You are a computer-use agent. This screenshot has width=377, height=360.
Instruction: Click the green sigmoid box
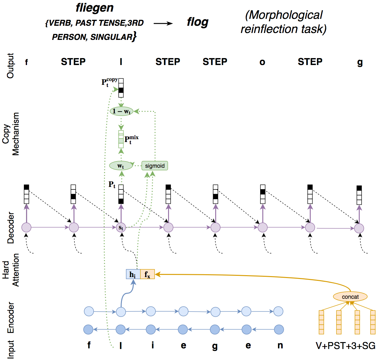click(x=154, y=166)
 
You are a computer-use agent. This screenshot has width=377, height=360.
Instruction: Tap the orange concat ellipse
click(x=350, y=297)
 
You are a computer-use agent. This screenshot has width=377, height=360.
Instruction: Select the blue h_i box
click(x=133, y=274)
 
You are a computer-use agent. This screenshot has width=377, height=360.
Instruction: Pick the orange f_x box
click(x=147, y=274)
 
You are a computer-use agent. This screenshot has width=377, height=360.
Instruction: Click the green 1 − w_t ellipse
click(x=121, y=111)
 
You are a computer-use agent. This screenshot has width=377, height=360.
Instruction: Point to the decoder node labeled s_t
click(x=121, y=227)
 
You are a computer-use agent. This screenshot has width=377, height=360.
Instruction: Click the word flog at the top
click(x=197, y=22)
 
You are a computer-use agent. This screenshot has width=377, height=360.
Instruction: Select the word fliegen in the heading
click(x=95, y=8)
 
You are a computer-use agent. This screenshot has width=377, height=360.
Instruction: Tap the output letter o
click(x=262, y=62)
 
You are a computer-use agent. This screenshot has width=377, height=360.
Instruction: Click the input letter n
click(x=280, y=345)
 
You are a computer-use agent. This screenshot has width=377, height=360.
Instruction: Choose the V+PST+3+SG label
click(x=345, y=346)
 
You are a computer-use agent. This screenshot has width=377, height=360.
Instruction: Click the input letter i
click(x=153, y=345)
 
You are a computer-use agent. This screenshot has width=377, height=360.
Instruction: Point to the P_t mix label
click(x=131, y=139)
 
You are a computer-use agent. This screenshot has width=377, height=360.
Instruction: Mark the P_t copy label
click(x=109, y=82)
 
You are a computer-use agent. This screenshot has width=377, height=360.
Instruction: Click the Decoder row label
click(x=11, y=227)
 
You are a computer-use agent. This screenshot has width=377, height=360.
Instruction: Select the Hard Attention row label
click(x=11, y=270)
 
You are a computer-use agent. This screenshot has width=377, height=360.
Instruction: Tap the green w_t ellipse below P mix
click(x=121, y=166)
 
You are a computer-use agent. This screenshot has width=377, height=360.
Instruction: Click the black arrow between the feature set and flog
click(x=163, y=24)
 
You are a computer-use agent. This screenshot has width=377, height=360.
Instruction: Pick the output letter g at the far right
click(x=360, y=63)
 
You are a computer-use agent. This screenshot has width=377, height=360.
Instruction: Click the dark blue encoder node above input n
click(x=279, y=330)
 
